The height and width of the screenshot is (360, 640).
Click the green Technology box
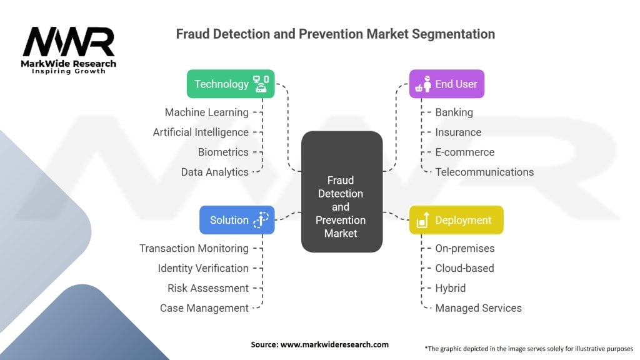(x=231, y=84)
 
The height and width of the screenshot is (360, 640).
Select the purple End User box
(x=446, y=84)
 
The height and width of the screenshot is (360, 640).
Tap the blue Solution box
(x=237, y=220)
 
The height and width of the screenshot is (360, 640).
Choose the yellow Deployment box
(x=456, y=220)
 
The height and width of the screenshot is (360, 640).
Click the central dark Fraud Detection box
(x=341, y=192)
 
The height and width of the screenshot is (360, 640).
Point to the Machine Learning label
(x=206, y=112)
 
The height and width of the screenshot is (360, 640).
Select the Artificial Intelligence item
(x=201, y=132)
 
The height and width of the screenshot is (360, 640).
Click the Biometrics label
(x=223, y=152)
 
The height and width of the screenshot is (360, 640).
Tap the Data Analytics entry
(x=214, y=172)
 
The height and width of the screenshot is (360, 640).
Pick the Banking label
(x=454, y=112)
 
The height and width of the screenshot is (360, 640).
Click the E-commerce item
(x=464, y=152)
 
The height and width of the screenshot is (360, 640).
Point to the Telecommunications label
(x=484, y=172)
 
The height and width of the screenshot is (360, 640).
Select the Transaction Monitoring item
(x=194, y=249)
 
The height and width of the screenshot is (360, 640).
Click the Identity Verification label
(x=203, y=268)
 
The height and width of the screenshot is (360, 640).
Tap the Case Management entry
(x=204, y=308)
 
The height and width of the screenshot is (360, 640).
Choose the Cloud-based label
(x=464, y=268)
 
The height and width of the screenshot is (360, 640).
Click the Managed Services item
(x=478, y=308)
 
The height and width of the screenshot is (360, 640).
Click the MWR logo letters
(x=69, y=42)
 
